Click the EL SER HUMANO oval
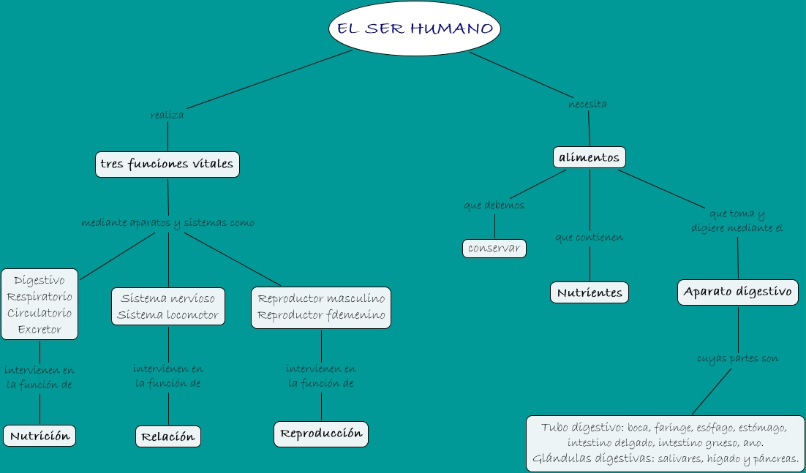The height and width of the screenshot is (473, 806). point(415,29)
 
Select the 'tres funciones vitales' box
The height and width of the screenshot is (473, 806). point(167,164)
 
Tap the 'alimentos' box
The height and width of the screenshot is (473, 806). point(589,157)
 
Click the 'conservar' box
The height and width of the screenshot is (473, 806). point(494,249)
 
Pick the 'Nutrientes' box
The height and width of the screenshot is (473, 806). point(590,292)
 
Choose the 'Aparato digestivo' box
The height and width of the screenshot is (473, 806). point(737,292)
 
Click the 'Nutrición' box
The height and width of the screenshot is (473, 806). point(39,436)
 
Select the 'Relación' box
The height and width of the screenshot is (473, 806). point(168,436)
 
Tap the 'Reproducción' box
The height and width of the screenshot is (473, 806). point(321,434)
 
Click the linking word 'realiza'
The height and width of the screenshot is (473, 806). point(167,115)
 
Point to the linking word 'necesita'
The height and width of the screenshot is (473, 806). point(587,104)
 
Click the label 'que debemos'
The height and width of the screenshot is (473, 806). point(494,205)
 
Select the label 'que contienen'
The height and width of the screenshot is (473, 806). point(590,238)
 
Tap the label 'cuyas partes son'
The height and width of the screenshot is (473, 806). point(737,359)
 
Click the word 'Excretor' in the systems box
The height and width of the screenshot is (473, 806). point(39,329)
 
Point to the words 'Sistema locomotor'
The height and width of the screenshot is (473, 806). point(168,315)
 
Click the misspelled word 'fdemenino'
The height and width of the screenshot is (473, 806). point(355,315)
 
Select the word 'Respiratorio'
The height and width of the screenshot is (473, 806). point(39,297)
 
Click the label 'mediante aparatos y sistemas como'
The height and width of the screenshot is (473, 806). point(168,222)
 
